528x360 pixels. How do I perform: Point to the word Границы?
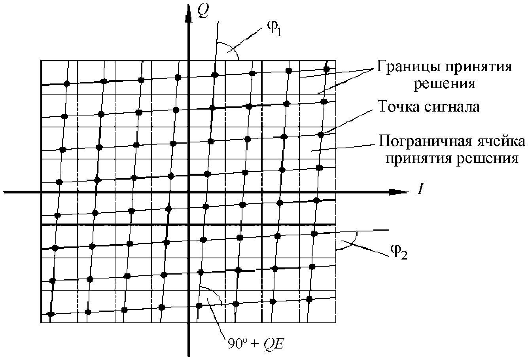(402, 67)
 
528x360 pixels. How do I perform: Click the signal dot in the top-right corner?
(327, 69)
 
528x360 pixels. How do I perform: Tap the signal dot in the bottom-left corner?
(51, 314)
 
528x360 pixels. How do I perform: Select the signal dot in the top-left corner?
(67, 83)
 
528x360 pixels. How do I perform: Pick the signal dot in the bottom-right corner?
(310, 299)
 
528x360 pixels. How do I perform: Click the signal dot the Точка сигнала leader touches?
(322, 135)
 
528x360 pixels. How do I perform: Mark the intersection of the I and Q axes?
(188, 192)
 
